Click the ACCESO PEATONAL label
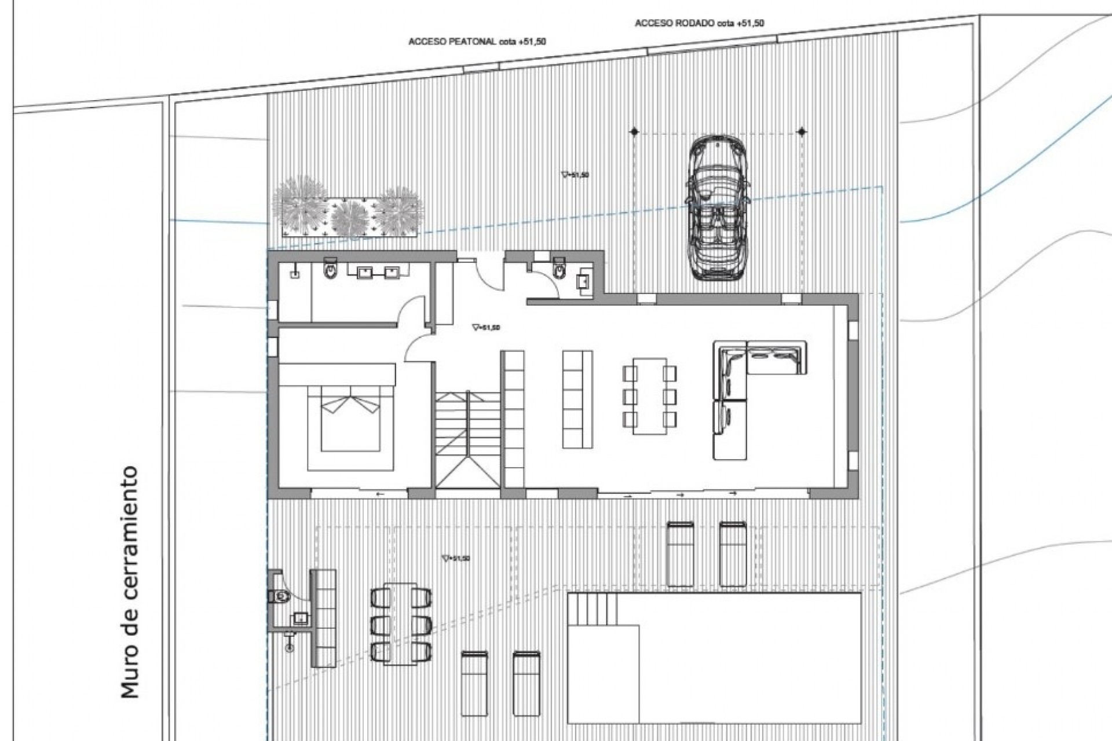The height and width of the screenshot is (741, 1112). (x=477, y=42)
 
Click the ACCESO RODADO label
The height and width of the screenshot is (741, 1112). (x=699, y=23)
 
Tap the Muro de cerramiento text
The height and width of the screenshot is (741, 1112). (x=130, y=582)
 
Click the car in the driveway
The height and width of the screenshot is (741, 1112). (x=718, y=208)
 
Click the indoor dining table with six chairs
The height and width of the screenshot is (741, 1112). (x=649, y=395)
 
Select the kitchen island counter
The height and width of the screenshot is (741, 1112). (x=577, y=399)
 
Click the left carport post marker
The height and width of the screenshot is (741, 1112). (x=634, y=133)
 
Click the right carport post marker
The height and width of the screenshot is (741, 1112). (x=802, y=133)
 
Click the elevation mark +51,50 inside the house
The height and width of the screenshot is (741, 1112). (x=486, y=328)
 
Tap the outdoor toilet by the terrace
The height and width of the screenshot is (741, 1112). (x=280, y=595)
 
